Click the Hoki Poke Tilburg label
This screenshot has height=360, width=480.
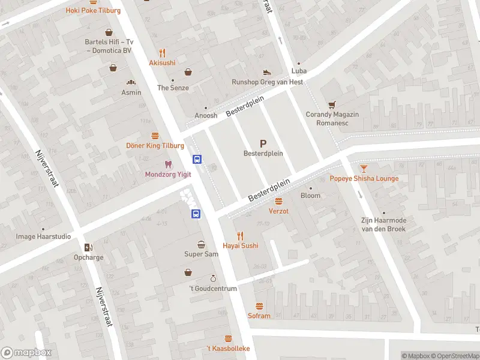[93, 11]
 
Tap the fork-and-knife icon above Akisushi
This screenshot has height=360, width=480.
[162, 52]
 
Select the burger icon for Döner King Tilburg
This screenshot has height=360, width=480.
[155, 136]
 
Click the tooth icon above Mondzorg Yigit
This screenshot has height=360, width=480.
[168, 164]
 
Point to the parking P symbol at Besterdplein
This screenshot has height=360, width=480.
[263, 143]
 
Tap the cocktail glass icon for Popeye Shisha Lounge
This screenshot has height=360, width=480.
[364, 169]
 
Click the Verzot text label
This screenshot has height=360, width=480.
[278, 211]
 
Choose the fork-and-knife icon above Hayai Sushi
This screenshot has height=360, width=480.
[241, 235]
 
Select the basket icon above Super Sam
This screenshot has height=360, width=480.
[201, 244]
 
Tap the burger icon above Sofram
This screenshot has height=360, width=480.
[259, 306]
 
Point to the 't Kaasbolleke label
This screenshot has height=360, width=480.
[228, 349]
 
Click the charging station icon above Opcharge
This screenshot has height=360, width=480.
[89, 248]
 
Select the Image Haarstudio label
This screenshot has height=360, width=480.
[43, 236]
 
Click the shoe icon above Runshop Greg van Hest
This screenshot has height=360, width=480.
[268, 72]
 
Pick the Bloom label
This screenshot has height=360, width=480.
[310, 196]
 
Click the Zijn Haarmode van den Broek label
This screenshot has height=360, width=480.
[383, 224]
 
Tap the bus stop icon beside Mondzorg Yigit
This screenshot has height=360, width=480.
[197, 160]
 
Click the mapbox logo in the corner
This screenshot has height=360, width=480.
[26, 353]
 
